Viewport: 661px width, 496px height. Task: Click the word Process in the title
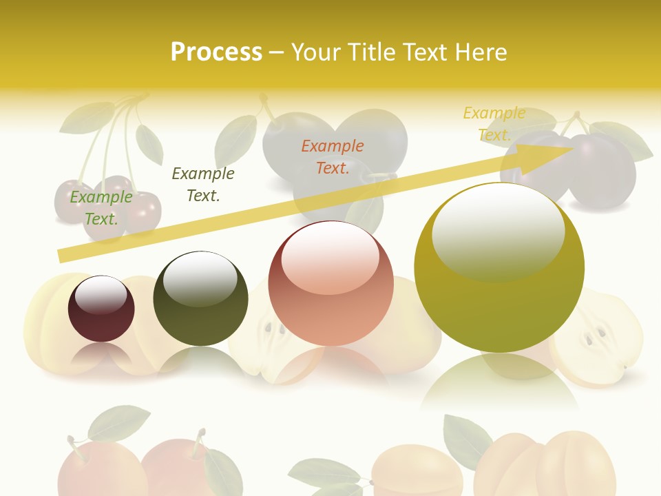[x=216, y=52]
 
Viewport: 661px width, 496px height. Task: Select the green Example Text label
[x=101, y=208]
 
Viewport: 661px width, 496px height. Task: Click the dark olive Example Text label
[x=203, y=185]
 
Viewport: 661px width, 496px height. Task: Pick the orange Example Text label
[x=333, y=156]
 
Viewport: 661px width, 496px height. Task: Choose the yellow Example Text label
[x=494, y=124]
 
